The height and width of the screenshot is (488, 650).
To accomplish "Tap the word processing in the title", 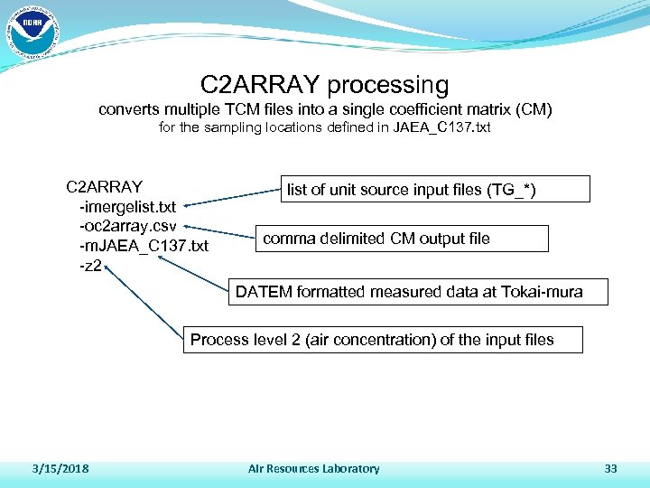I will tap(388, 85).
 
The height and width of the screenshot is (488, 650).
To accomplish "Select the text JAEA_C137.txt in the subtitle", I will tap(441, 127).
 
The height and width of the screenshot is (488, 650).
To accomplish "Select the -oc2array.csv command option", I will tap(134, 226).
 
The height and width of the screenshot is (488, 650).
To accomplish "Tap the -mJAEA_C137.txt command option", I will tap(144, 246).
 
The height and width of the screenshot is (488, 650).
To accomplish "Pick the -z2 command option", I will tap(91, 266).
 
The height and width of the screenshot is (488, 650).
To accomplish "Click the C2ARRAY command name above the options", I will tap(105, 187).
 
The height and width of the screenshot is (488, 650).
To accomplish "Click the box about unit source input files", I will tap(436, 189).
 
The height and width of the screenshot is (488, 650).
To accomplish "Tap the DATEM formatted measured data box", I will tap(418, 292).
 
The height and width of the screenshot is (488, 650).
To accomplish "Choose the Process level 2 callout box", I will tap(382, 340).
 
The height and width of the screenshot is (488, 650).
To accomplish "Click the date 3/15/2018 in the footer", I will tap(60, 468).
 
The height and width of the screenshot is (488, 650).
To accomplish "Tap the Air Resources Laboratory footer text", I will tap(313, 468).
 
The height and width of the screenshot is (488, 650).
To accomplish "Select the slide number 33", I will tap(610, 468).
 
